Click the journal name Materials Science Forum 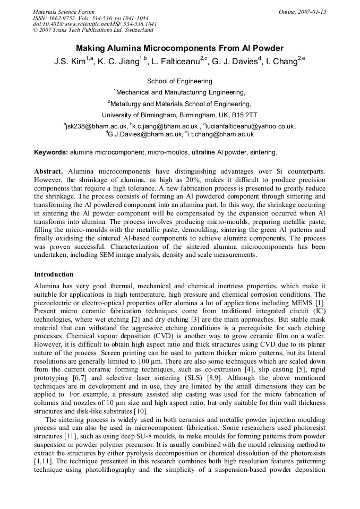click(x=64, y=11)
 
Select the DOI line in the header click(x=95, y=24)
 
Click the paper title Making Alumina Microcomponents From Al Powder click(x=179, y=48)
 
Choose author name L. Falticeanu click(x=176, y=62)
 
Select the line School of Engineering click(x=179, y=81)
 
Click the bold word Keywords click(x=51, y=152)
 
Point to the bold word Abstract click(x=49, y=172)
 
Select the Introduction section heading click(x=54, y=274)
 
